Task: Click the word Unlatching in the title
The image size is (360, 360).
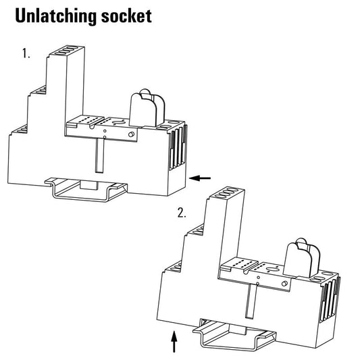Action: point(56,16)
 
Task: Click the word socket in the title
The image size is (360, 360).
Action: point(126,16)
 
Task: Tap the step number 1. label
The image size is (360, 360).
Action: point(26,53)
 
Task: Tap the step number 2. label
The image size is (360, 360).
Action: point(182,213)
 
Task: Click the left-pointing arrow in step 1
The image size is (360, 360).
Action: point(200,178)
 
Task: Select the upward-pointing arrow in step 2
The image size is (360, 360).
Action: point(174,341)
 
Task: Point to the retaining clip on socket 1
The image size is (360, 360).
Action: point(147,108)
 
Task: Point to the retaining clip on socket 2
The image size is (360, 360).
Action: point(301,257)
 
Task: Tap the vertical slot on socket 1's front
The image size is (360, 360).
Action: point(99,155)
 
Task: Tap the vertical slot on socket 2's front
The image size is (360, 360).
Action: point(252,301)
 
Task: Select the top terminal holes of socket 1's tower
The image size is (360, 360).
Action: point(66,51)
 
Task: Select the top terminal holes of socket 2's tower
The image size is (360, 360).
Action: point(227,192)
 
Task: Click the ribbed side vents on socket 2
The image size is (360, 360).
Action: point(330,298)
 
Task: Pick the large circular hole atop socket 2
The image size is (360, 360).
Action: point(272,270)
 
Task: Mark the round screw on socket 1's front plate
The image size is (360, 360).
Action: point(131,134)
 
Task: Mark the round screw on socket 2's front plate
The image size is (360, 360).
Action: point(284,284)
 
